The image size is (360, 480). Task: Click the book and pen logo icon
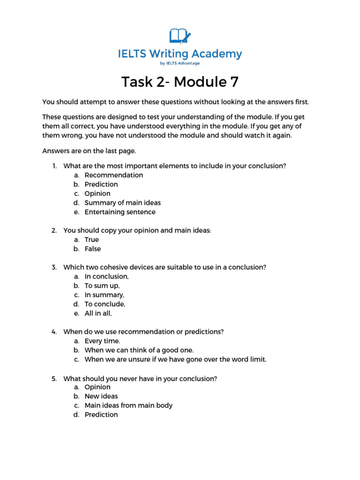[x=180, y=36]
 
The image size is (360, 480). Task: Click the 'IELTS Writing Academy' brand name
[x=180, y=54]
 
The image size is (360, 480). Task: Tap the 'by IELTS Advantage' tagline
[x=180, y=63]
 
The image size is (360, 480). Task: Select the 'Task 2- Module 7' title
[x=180, y=82]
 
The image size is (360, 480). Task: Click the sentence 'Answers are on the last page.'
[x=89, y=151]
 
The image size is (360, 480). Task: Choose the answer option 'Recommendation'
[x=113, y=175]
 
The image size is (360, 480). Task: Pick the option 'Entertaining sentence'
[x=120, y=212]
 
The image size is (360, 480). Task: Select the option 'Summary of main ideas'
[x=122, y=202]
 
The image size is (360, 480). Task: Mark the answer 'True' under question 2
[x=91, y=240]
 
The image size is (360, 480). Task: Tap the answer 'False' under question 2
[x=92, y=249]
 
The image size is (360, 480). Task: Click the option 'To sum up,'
[x=102, y=285]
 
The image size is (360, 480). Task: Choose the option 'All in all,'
[x=98, y=313]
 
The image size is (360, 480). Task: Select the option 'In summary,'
[x=104, y=295]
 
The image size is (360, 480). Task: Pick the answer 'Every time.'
[x=102, y=341]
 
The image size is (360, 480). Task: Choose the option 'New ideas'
[x=101, y=396]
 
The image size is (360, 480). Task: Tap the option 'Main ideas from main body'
[x=128, y=405]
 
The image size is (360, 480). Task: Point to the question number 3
[x=54, y=267]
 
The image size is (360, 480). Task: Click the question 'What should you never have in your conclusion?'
[x=140, y=378]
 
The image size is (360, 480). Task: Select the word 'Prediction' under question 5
[x=101, y=415]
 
